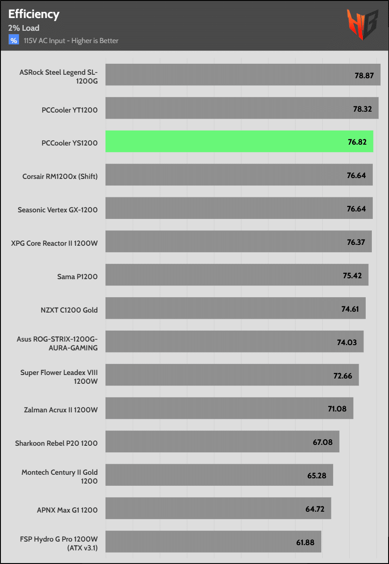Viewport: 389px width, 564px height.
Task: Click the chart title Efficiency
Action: pyautogui.click(x=34, y=14)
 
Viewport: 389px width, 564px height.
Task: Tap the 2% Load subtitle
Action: pyautogui.click(x=24, y=28)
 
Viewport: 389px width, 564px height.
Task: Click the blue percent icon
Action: pyautogui.click(x=14, y=40)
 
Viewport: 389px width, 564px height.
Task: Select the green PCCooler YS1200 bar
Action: pyautogui.click(x=239, y=142)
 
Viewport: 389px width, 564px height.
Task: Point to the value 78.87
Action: pyautogui.click(x=364, y=75)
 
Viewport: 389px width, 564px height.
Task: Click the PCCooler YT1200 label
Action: pyautogui.click(x=69, y=110)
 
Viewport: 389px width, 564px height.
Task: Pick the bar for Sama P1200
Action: pyautogui.click(x=236, y=275)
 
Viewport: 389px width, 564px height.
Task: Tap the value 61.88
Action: pyautogui.click(x=305, y=542)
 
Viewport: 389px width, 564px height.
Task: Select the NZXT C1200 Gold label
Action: pyautogui.click(x=69, y=310)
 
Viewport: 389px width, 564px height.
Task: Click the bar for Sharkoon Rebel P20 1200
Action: pyautogui.click(x=222, y=441)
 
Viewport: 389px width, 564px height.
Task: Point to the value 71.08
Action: pyautogui.click(x=337, y=409)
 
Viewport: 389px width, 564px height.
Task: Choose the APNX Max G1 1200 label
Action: pyautogui.click(x=67, y=510)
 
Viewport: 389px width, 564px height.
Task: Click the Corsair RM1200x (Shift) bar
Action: pyautogui.click(x=239, y=175)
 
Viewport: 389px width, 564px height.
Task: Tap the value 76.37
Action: pyautogui.click(x=355, y=242)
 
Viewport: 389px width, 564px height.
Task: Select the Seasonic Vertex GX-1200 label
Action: pyautogui.click(x=58, y=210)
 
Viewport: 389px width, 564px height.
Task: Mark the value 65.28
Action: pyautogui.click(x=316, y=476)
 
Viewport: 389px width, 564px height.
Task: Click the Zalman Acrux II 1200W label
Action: pyautogui.click(x=61, y=410)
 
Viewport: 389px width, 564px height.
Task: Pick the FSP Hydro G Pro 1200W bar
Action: pyautogui.click(x=213, y=542)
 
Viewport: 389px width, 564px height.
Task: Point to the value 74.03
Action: pyautogui.click(x=347, y=342)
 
